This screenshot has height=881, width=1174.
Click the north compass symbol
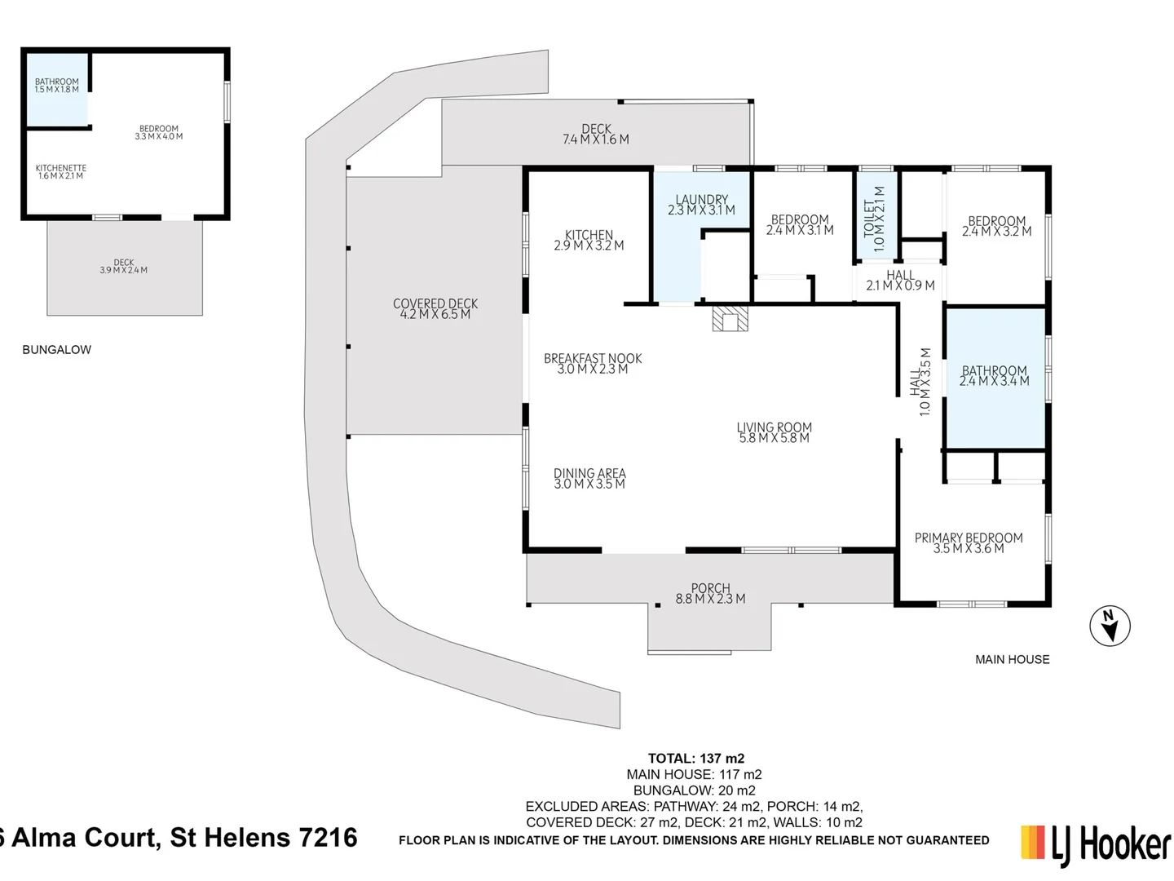1110,626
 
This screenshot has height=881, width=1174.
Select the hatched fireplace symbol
729,318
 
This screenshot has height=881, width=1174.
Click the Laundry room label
701,205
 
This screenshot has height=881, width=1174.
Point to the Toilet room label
873,219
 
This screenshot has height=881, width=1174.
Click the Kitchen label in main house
589,240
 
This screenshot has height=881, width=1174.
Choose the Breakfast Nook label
593,364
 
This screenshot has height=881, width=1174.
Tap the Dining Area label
589,479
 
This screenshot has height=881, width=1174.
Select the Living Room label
774,432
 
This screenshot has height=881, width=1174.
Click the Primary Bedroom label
969,543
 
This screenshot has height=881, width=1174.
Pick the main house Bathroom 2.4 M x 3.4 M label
994,375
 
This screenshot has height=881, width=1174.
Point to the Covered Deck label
435,308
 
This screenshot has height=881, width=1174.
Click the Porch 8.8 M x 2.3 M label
710,593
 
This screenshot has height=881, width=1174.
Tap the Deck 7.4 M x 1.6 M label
596,134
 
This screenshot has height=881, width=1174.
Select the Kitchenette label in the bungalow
60,171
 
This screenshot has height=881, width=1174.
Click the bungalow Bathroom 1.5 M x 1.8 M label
57,85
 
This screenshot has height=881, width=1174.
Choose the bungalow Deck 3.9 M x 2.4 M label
124,267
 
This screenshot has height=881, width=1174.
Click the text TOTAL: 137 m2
695,759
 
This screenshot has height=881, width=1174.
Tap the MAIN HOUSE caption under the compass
1012,659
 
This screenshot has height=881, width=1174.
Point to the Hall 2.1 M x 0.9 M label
900,281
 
